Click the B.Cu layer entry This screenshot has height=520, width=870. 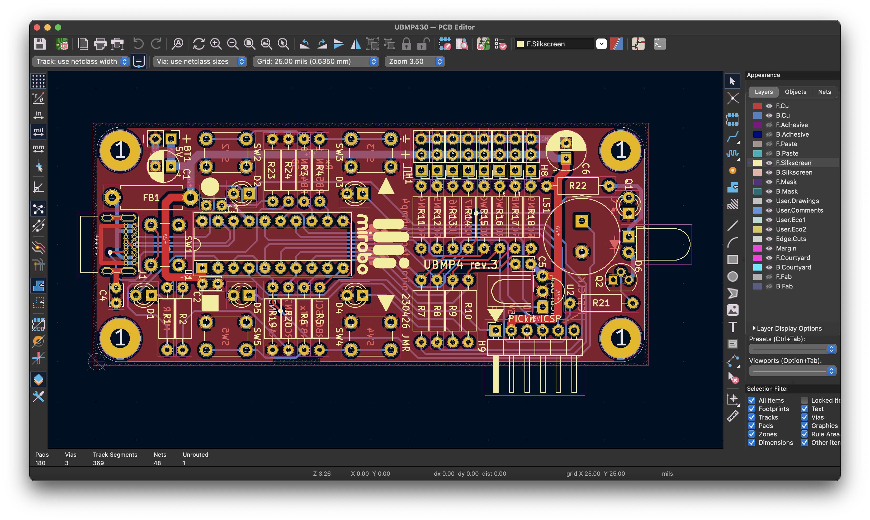pyautogui.click(x=782, y=115)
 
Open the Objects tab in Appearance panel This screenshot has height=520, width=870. pyautogui.click(x=795, y=92)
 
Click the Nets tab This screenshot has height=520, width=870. pyautogui.click(x=824, y=92)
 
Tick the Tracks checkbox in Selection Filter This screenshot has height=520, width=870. pyautogui.click(x=751, y=417)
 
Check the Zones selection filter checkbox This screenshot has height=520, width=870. pyautogui.click(x=751, y=434)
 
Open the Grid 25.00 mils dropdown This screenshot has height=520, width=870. pyautogui.click(x=316, y=61)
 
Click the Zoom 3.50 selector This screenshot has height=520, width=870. pyautogui.click(x=414, y=61)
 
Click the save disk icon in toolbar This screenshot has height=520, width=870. pyautogui.click(x=40, y=44)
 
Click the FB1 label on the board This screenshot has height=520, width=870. pyautogui.click(x=151, y=198)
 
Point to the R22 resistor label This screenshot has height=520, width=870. pyautogui.click(x=578, y=186)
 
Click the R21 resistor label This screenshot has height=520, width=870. pyautogui.click(x=601, y=303)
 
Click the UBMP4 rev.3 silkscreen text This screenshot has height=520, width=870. pyautogui.click(x=460, y=264)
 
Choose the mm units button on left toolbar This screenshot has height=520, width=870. pyautogui.click(x=38, y=148)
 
